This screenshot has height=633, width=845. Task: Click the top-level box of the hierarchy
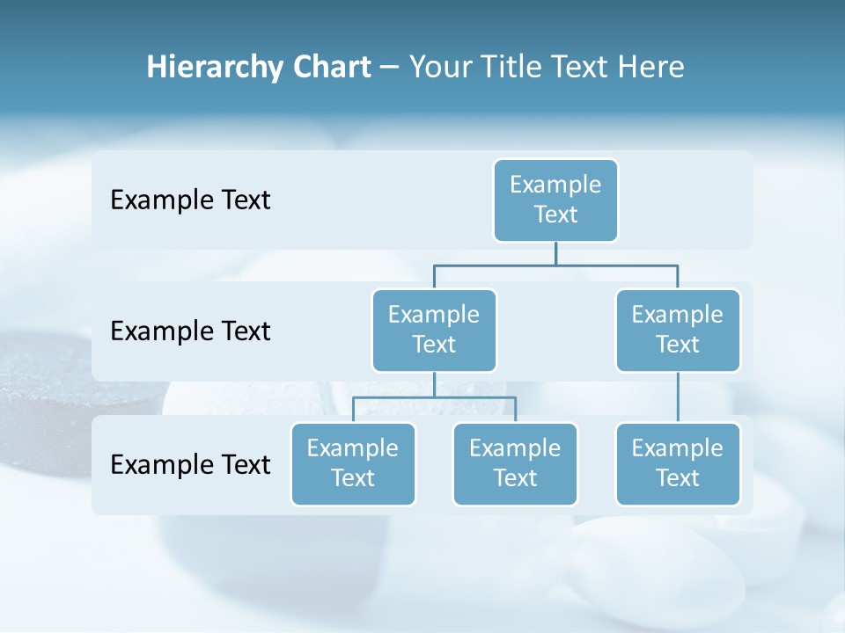[x=555, y=200]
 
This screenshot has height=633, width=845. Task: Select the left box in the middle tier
[x=434, y=331]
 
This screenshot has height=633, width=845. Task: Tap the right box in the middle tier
[x=678, y=331]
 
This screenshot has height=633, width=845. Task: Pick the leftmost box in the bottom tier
[x=353, y=464]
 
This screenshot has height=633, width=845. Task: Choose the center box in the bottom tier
[x=515, y=464]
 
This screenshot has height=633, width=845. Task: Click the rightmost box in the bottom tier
[x=678, y=464]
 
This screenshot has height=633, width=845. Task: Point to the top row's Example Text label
[x=190, y=200]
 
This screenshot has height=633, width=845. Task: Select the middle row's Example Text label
[x=190, y=331]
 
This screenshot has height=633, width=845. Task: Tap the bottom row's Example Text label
[x=190, y=464]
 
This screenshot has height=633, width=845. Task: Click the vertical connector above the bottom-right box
[x=678, y=397]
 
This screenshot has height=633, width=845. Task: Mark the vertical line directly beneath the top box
[x=555, y=253]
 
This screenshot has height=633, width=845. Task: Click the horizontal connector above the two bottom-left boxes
[x=434, y=397]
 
